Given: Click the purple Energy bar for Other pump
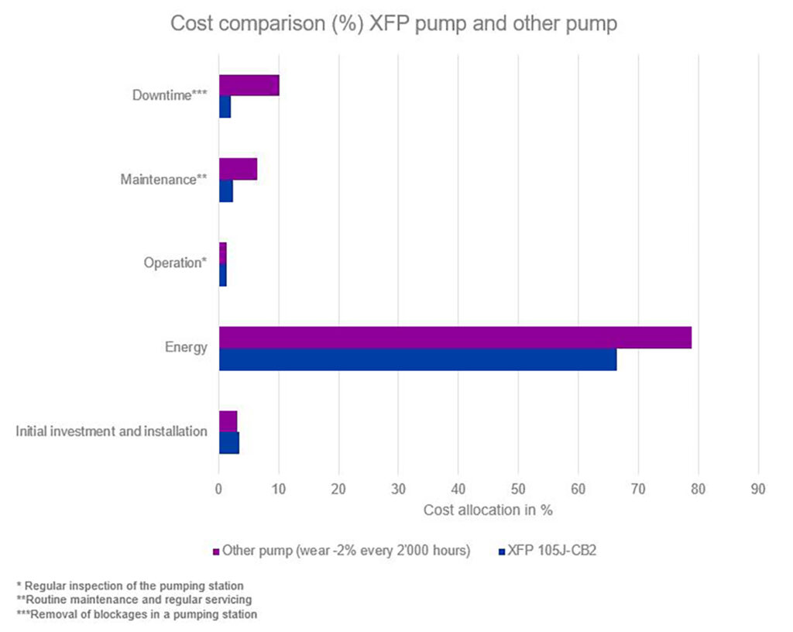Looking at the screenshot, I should (455, 338).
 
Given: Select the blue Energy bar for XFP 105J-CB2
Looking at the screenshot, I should (417, 359).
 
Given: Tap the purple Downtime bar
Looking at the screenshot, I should (249, 85).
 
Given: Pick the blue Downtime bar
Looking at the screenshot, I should (225, 107).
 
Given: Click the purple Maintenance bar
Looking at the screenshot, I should (238, 169).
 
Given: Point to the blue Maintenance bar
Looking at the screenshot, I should (226, 191).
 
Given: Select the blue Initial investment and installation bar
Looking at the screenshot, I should (229, 443).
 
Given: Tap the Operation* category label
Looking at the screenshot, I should (175, 263).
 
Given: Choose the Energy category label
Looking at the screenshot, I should (186, 347).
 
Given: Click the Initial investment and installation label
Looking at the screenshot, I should (112, 431).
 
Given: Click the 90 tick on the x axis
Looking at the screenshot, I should (758, 489).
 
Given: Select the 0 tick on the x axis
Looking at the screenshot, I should (219, 489).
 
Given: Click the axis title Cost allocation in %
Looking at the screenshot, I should (488, 511).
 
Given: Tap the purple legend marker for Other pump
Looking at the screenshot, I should (217, 551).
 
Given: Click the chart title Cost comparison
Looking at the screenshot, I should (393, 24).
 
